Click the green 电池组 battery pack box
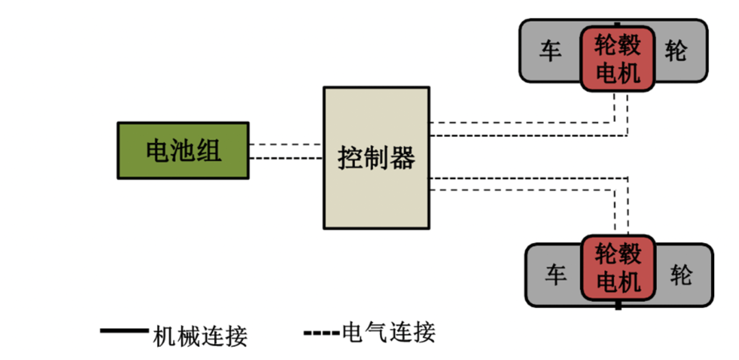point(183,151)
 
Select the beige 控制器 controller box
point(376,157)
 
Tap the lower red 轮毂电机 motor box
point(619,268)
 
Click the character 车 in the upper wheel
point(551,51)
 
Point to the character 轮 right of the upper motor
point(676,51)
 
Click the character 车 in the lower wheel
point(556,275)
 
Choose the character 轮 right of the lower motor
point(682,275)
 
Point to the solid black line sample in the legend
point(124,332)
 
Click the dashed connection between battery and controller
point(286,151)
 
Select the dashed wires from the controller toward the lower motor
point(520,183)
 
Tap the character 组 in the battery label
point(209,151)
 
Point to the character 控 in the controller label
point(350,158)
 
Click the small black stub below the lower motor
point(619,306)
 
